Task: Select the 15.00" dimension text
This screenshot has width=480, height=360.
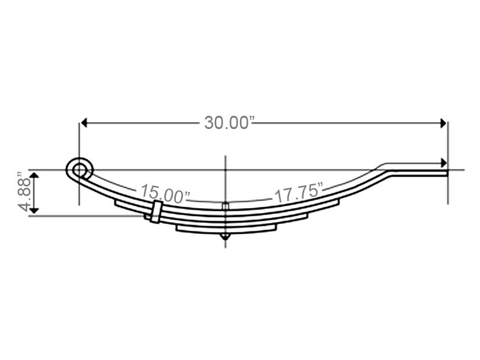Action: tap(166, 194)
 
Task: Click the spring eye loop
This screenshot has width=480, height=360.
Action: tap(80, 170)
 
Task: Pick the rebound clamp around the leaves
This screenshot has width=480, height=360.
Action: tap(155, 212)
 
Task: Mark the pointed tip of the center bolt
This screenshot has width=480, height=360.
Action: tap(225, 239)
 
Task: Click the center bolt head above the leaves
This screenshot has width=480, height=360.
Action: tap(225, 207)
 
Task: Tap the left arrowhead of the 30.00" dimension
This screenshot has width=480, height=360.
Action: tap(84, 122)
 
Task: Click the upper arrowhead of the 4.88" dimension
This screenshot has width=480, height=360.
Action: tap(35, 175)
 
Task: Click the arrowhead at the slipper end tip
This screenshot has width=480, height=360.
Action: tap(443, 163)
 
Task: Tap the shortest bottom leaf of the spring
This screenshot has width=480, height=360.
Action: tap(226, 228)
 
